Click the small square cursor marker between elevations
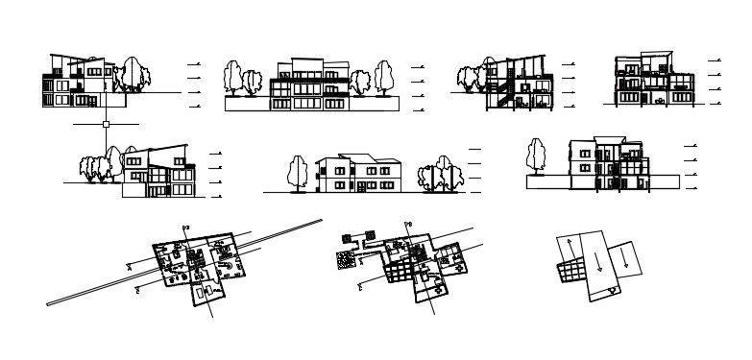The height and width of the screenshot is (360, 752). click(106, 124)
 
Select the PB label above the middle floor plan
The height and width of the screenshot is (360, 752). click(407, 225)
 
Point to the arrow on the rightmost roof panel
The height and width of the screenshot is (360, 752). click(625, 254)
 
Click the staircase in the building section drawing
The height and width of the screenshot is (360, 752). click(499, 94)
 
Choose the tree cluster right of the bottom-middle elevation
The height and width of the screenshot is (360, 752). click(437, 174)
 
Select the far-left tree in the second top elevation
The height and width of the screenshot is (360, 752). click(231, 78)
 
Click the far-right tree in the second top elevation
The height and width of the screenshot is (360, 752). click(385, 78)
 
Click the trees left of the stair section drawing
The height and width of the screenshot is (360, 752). click(471, 78)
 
